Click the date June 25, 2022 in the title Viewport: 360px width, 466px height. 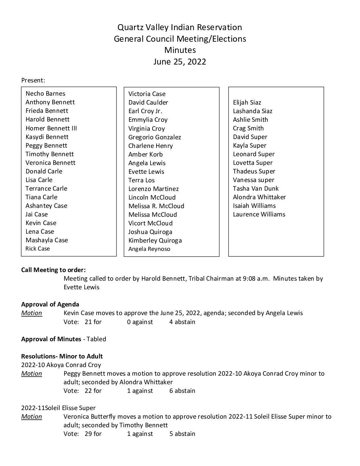click(180, 62)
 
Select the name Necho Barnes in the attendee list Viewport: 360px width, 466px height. click(45, 94)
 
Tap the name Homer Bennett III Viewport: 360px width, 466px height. click(51, 128)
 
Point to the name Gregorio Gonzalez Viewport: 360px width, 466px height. click(155, 137)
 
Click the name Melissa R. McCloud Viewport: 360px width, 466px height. click(156, 206)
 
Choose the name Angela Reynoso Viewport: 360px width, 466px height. click(149, 249)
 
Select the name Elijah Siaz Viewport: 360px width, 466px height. click(247, 103)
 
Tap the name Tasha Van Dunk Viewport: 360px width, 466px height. click(255, 189)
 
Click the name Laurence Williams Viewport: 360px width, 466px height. click(259, 214)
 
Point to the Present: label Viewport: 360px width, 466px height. click(33, 80)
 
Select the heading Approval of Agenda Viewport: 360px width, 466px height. click(50, 304)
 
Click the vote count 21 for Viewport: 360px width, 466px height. click(93, 322)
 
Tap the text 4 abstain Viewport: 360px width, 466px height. click(182, 322)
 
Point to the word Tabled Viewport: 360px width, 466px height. click(96, 339)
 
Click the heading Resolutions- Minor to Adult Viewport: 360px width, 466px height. click(62, 356)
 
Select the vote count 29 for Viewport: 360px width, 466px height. click(93, 434)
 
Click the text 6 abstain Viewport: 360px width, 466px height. click(182, 391)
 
